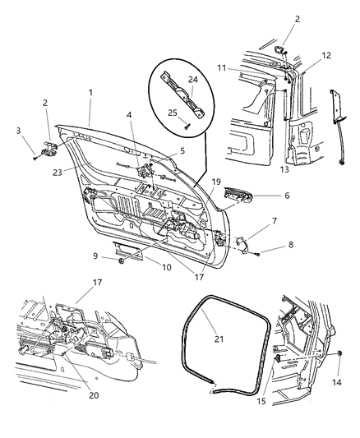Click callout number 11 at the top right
coord(244,68)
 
